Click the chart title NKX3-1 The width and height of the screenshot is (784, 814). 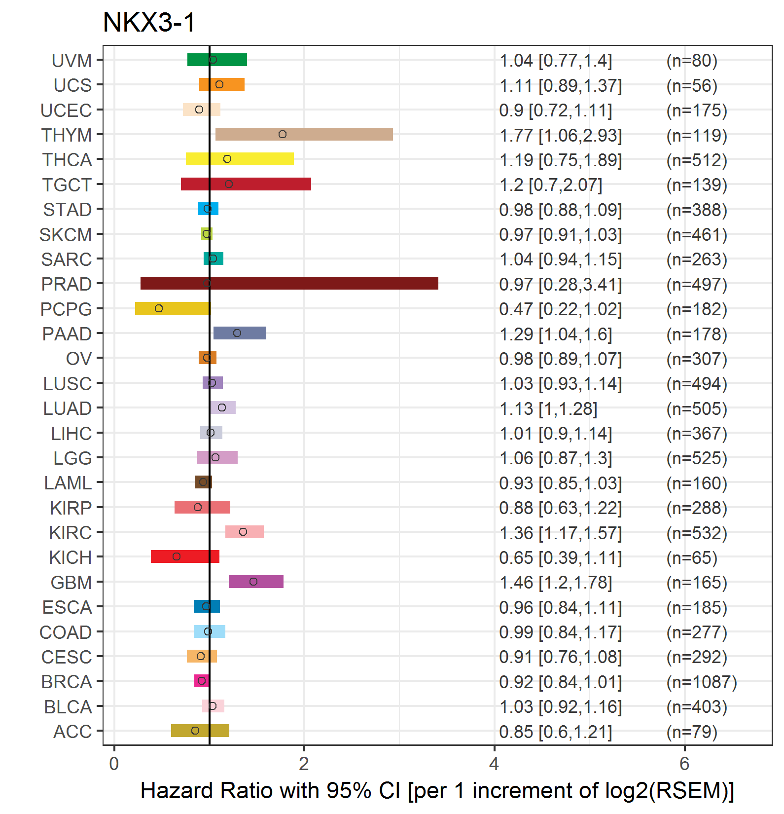pos(149,22)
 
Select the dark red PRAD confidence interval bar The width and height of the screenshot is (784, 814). pos(289,283)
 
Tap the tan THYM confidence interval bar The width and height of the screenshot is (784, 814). pos(304,134)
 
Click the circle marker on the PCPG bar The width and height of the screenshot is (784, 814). pos(159,308)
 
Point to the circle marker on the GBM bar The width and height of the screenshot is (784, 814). pos(253,582)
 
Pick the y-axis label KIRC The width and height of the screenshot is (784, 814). pos(71,533)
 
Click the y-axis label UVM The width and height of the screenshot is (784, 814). pos(72,61)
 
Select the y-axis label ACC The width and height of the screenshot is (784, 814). pos(72,732)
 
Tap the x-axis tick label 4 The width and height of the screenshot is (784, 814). pos(494,764)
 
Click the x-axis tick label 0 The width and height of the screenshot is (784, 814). pos(114,764)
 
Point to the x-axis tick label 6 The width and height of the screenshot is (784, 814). pos(684,764)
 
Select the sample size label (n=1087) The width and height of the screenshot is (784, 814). pos(702,682)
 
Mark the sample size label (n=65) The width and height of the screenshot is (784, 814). pos(692,557)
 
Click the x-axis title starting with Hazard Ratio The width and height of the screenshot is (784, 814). pos(437,790)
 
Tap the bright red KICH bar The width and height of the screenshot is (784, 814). pos(185,556)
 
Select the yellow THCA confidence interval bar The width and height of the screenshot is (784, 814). pos(240,159)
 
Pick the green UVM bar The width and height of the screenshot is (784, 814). pos(217,60)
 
